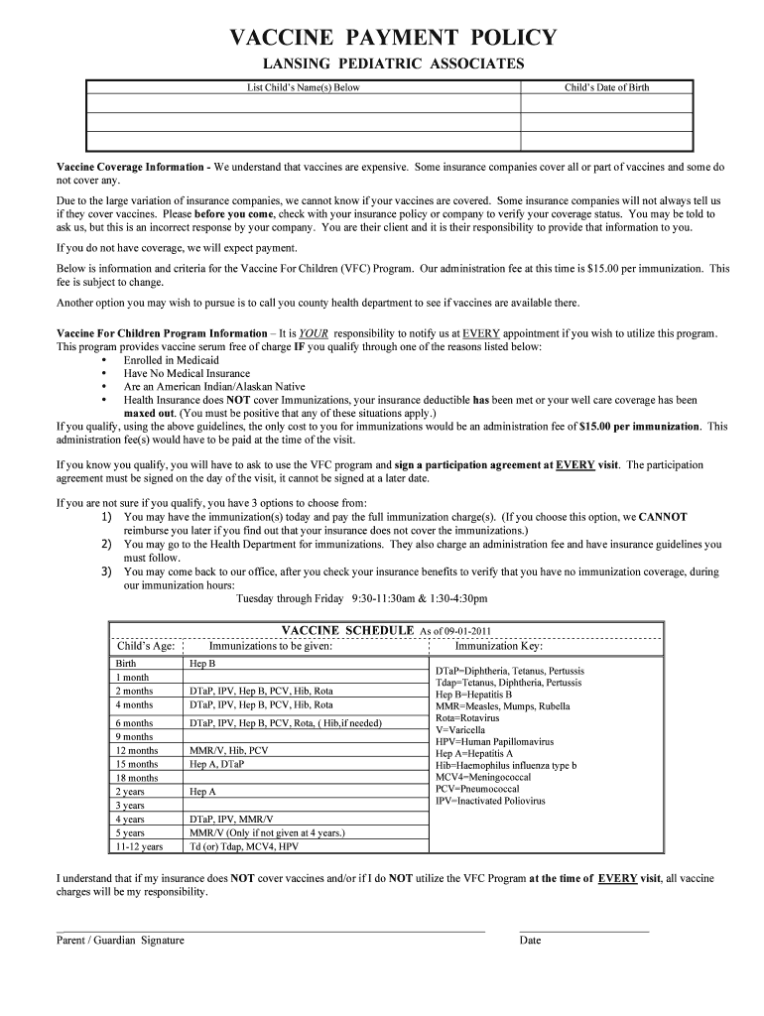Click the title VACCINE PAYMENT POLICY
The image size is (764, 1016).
pyautogui.click(x=393, y=38)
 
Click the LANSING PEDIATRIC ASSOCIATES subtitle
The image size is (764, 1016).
pyautogui.click(x=393, y=64)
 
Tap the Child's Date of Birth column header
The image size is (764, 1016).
pyautogui.click(x=606, y=87)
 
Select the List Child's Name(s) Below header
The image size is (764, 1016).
pyautogui.click(x=304, y=87)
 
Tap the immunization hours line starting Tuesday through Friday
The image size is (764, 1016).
pyautogui.click(x=361, y=599)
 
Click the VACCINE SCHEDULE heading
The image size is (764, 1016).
pyautogui.click(x=347, y=630)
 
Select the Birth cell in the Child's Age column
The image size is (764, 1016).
pyautogui.click(x=126, y=663)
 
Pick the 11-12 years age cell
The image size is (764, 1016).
pyautogui.click(x=139, y=847)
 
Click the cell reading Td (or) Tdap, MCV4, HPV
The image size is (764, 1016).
pyautogui.click(x=243, y=847)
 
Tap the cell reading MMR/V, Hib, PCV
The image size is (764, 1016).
pyautogui.click(x=228, y=751)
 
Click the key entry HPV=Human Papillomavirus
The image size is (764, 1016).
pyautogui.click(x=494, y=742)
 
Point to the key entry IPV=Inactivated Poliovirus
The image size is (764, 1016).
pyautogui.click(x=490, y=801)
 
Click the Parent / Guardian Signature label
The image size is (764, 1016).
pyautogui.click(x=120, y=941)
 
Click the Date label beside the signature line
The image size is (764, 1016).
pyautogui.click(x=530, y=941)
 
